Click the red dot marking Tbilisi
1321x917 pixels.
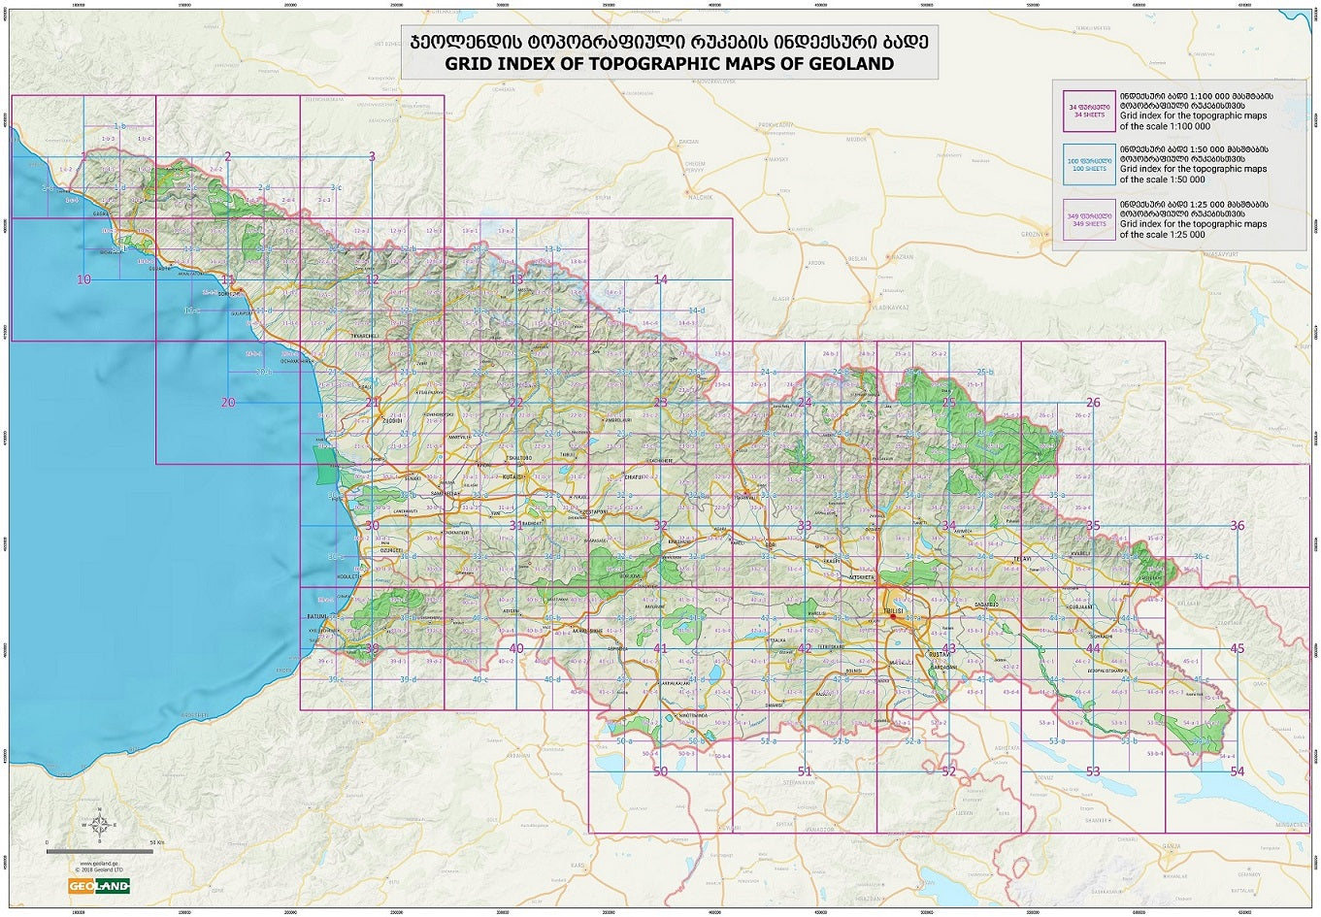coord(893,616)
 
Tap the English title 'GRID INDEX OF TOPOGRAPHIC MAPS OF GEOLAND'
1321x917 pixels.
coord(669,64)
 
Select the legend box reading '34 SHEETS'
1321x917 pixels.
coord(1088,112)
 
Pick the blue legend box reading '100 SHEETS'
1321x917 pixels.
coord(1088,166)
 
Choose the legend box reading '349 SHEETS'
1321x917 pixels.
coord(1088,220)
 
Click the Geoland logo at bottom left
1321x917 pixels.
coord(98,886)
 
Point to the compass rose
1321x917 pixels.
coord(99,825)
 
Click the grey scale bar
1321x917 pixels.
coord(99,851)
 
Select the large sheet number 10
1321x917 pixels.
coord(83,279)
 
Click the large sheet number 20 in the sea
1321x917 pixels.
coord(228,403)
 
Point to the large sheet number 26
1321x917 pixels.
coord(1093,403)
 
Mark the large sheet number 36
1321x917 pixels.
coord(1237,526)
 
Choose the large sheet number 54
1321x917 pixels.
coord(1237,771)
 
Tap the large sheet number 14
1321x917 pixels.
coord(660,279)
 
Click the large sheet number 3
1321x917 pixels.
coord(372,156)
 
